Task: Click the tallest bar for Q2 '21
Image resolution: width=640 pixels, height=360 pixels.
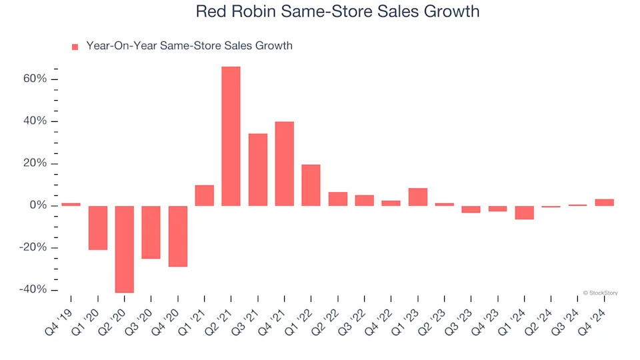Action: tap(231, 136)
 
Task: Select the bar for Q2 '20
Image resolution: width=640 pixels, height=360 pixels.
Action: tap(125, 249)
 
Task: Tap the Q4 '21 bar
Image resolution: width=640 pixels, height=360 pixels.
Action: tap(284, 163)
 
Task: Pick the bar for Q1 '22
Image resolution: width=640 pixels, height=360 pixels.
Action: tap(311, 185)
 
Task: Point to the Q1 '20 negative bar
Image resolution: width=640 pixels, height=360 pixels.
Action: tap(98, 227)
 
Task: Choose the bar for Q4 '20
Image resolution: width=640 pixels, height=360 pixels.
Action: tap(178, 236)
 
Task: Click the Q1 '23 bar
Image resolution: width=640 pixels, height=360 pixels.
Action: tap(417, 197)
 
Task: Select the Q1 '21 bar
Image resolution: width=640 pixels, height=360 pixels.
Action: tap(205, 195)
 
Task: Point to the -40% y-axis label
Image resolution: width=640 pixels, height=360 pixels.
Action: tap(33, 290)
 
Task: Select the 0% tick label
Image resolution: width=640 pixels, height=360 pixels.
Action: tap(38, 206)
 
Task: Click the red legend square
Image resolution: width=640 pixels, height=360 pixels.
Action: tap(75, 47)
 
